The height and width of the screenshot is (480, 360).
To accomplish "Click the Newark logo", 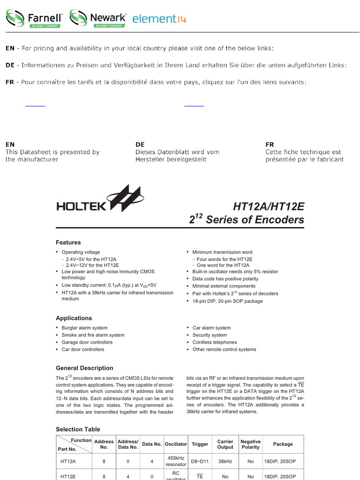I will point(98,19).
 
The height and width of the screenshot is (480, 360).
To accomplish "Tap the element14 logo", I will point(159,19).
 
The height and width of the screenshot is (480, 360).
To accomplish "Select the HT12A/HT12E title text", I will point(268,206).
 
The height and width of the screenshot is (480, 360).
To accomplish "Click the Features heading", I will point(68,242).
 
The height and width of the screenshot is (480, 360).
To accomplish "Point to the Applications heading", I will point(74,318).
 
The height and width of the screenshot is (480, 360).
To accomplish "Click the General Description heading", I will point(84,368).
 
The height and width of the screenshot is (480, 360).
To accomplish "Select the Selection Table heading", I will point(78,429).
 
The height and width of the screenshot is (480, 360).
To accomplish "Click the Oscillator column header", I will point(176,444).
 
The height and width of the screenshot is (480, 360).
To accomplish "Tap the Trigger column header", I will point(200,444).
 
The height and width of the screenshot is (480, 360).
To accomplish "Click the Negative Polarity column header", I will point(250,444).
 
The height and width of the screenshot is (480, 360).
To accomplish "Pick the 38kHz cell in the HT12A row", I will point(225,461).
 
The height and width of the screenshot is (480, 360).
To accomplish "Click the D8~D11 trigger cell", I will point(200,461).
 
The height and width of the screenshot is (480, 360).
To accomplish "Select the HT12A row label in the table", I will point(68,461).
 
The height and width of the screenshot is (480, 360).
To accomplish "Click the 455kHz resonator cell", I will point(176,461).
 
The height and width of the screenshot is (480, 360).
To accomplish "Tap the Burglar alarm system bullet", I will point(84,328).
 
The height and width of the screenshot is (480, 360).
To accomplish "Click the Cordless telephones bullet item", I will point(215,342).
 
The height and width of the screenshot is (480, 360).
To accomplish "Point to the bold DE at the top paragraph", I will point(10,65).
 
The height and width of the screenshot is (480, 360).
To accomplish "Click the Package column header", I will point(283,444).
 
